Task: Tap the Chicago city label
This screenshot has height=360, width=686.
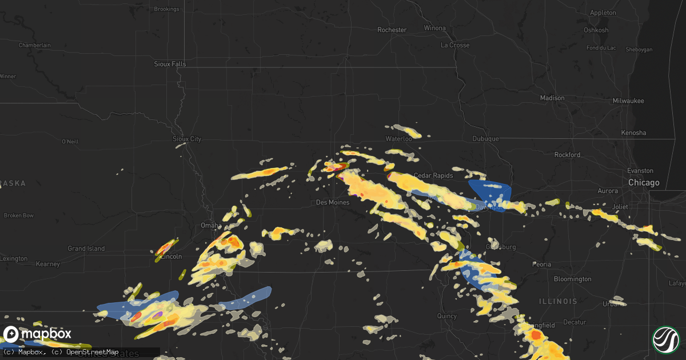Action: coord(644,183)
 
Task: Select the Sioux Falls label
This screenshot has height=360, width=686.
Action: coord(170,64)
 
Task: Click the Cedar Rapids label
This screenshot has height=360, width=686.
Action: coord(433,175)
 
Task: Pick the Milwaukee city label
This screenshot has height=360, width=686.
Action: coord(628,101)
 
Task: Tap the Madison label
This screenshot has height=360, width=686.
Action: coord(552,98)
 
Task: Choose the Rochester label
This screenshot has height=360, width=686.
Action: coord(392,30)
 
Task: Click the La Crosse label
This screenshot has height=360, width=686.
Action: coord(455,45)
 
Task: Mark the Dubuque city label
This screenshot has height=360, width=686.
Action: coord(486,139)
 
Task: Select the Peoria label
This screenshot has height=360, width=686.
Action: coord(541,265)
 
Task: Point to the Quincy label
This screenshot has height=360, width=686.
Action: coord(446,316)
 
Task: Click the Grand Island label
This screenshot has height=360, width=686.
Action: coord(86,249)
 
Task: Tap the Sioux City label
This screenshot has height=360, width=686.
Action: coord(187,139)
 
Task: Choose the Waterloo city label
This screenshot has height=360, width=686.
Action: coord(398,139)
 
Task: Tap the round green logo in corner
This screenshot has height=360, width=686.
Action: coord(665,339)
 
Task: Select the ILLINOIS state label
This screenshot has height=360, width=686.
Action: coord(558,301)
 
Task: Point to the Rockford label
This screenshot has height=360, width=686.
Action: coord(567,155)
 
